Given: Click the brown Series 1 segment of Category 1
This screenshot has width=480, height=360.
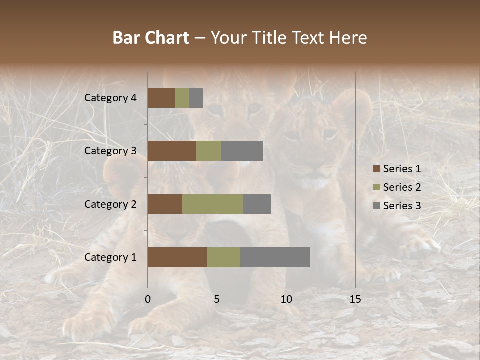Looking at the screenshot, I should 177,257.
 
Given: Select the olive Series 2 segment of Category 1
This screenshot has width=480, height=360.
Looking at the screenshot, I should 224,257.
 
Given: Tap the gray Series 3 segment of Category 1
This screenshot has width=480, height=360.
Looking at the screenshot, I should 275,257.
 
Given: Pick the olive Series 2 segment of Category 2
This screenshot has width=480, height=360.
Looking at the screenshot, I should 213,204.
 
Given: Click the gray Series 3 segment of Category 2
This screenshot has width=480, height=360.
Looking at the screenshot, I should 257,204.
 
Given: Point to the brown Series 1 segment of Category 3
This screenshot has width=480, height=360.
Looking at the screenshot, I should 172,151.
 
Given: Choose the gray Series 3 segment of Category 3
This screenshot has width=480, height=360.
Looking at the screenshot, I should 242,151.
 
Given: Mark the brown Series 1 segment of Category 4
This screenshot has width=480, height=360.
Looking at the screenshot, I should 161,98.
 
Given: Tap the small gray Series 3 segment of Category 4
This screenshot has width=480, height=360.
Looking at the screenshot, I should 196,98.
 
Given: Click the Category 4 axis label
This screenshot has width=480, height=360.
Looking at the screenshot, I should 110,98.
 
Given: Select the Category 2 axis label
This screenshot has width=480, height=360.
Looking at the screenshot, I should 110,204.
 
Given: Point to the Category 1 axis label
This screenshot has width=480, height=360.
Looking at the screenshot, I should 110,257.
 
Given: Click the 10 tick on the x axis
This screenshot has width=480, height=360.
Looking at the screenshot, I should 286,299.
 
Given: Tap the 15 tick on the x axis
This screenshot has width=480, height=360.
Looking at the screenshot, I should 355,299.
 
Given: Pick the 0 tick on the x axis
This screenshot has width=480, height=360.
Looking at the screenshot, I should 147,299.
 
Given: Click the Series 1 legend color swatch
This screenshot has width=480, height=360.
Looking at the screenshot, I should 376,169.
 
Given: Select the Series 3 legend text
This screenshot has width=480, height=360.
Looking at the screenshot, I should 402,206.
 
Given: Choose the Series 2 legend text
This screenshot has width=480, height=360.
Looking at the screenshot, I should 402,187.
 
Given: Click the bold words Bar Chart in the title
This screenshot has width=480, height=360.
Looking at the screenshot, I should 151,38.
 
